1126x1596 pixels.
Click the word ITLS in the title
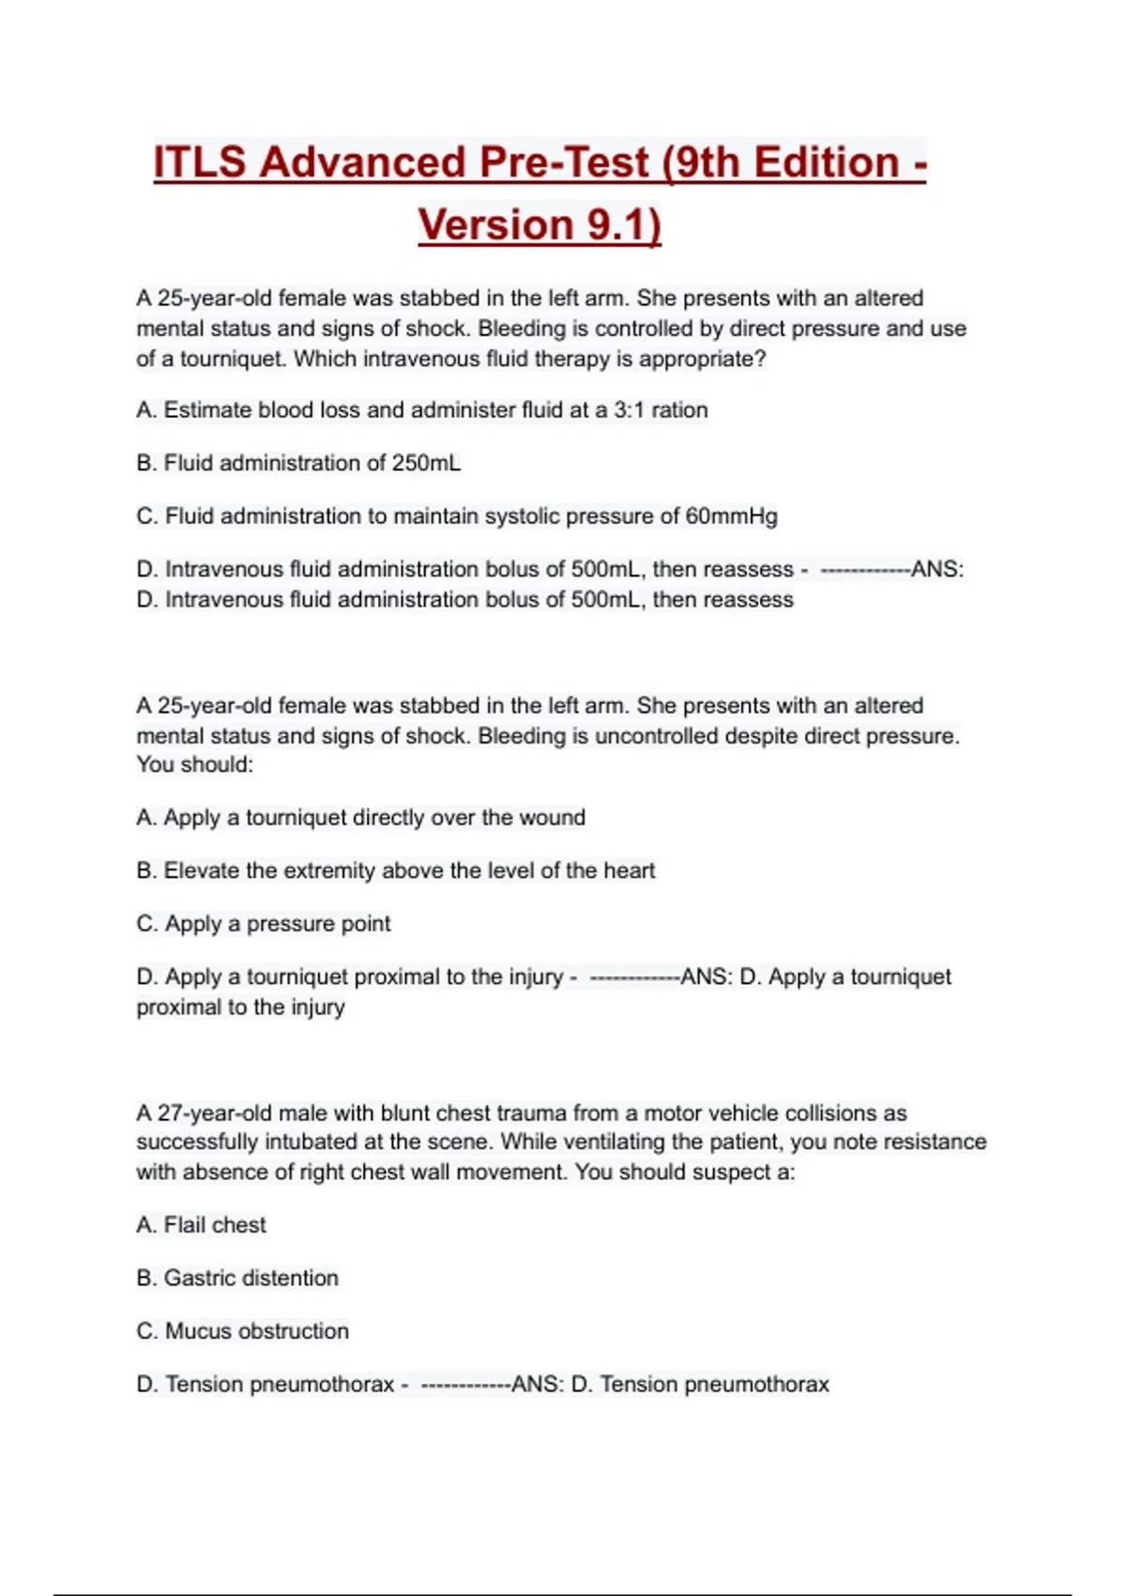coord(200,162)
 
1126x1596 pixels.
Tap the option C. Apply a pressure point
coord(263,924)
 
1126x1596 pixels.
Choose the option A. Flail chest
coord(201,1225)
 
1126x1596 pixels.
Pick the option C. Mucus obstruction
coord(242,1331)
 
